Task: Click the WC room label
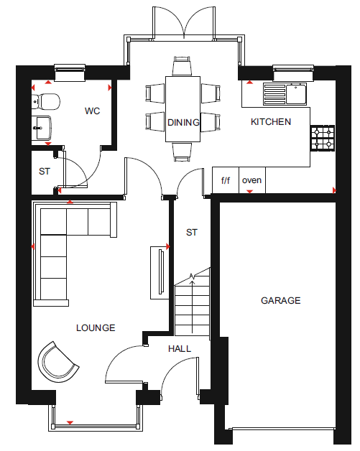pos(93,111)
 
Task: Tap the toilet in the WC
pos(46,101)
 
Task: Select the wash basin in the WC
pos(42,128)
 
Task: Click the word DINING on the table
pos(183,123)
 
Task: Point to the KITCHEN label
pos(271,122)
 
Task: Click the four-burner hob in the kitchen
pos(323,138)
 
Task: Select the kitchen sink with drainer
pos(285,94)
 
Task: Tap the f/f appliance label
pos(226,180)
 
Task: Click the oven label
pos(251,180)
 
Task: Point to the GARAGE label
pos(280,301)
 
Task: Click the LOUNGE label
pos(96,328)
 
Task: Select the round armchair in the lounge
pos(57,362)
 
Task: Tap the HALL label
pos(180,349)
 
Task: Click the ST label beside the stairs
pos(192,233)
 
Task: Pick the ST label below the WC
pos(45,172)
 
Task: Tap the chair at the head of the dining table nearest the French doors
pos(183,66)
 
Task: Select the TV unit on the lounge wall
pos(160,273)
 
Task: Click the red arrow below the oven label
pos(250,192)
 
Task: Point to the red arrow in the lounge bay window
pos(70,422)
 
